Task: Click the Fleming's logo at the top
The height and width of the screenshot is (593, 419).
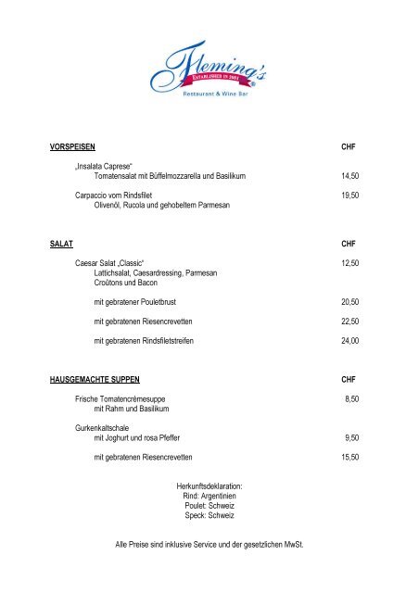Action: point(209,69)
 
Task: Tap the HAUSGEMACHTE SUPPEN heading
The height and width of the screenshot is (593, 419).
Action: point(99,380)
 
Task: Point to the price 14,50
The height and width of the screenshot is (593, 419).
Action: point(349,175)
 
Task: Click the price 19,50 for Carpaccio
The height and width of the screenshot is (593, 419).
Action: point(349,196)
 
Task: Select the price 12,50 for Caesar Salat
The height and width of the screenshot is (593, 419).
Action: point(349,263)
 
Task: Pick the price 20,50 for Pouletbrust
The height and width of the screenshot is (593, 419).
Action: point(349,302)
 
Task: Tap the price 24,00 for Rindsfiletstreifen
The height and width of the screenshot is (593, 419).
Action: point(349,341)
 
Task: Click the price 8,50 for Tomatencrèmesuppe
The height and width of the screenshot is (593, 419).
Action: point(351,398)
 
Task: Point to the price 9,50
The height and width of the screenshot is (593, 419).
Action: point(351,437)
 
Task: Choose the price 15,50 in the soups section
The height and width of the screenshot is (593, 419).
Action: point(349,457)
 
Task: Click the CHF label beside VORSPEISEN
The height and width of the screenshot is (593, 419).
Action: point(349,146)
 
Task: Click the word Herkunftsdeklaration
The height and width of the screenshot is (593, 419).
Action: point(209,486)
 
